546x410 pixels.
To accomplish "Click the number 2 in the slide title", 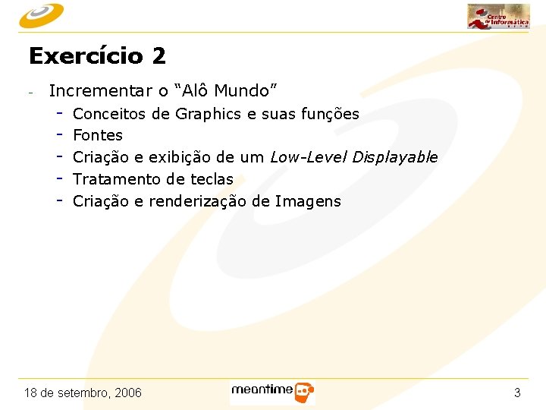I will click(x=158, y=56).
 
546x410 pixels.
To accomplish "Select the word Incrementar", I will click(x=100, y=91).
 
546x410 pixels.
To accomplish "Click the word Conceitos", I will click(x=110, y=114).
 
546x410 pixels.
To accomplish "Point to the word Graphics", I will click(x=209, y=114).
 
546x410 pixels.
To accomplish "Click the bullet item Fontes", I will click(x=98, y=136).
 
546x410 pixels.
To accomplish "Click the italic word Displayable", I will click(x=395, y=158).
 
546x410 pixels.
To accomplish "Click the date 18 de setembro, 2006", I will click(x=83, y=393).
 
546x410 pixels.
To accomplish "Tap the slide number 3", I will click(x=517, y=393).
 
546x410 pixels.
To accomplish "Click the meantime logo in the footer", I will click(x=272, y=392).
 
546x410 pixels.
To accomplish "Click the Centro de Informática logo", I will click(x=498, y=16).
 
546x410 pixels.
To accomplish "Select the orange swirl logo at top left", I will click(x=42, y=14).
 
